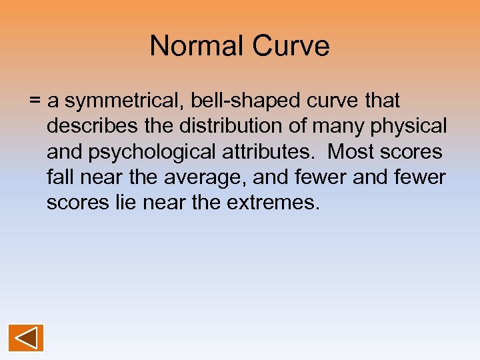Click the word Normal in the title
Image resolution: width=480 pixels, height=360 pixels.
click(x=196, y=46)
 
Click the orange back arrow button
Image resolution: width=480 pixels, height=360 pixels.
click(x=26, y=338)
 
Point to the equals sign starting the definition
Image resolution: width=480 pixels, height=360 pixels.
click(x=35, y=101)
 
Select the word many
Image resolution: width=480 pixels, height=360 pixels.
click(x=348, y=127)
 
